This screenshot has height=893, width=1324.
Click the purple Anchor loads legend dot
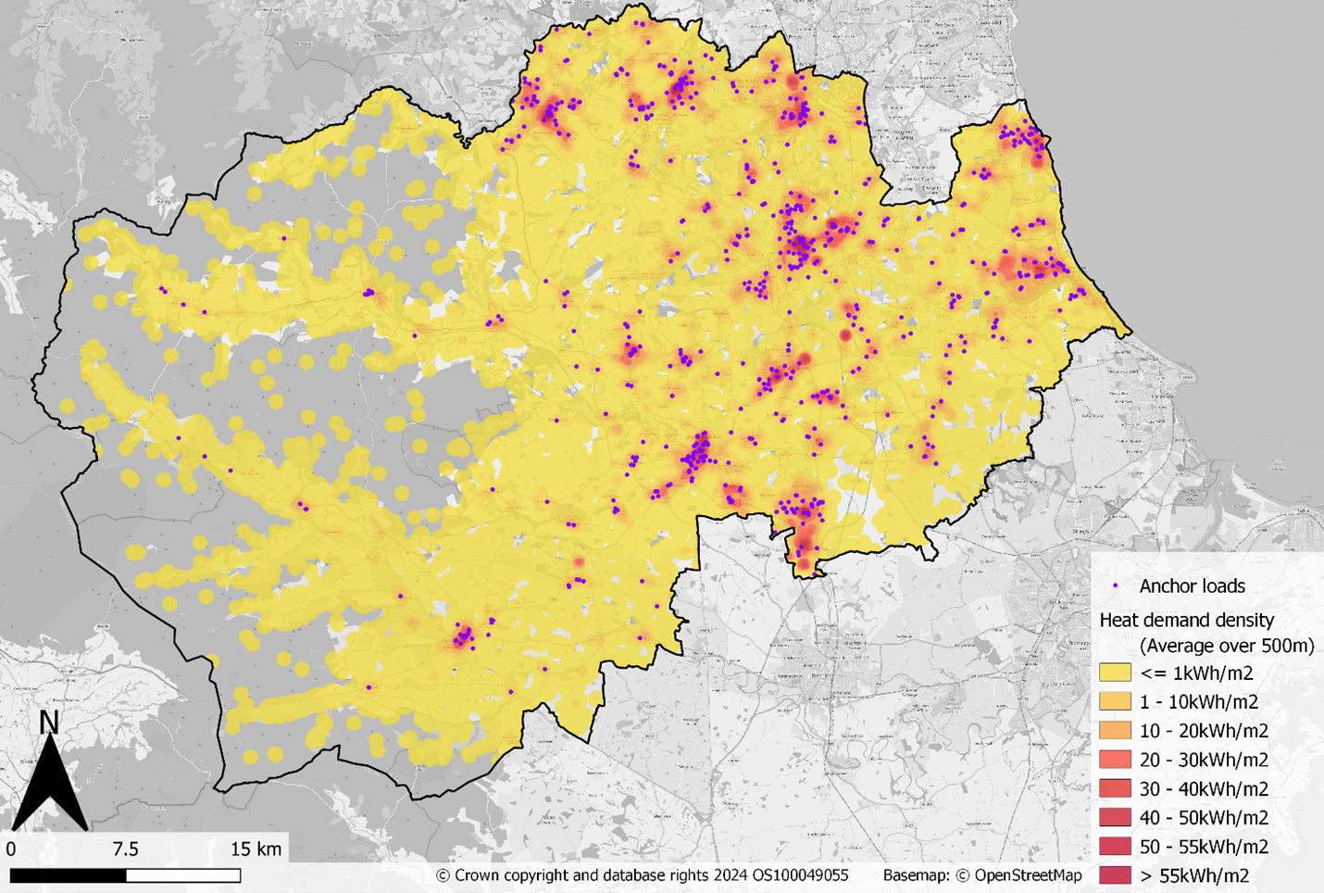click(1116, 586)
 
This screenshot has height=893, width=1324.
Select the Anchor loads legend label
click(1192, 586)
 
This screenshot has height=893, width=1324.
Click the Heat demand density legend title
click(1186, 620)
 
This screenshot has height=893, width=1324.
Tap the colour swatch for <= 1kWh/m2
click(1115, 673)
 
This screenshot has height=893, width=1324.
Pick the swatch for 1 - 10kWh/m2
click(1115, 701)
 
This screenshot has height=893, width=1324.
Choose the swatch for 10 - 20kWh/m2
click(1115, 730)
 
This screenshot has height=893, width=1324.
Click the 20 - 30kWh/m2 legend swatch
click(1115, 760)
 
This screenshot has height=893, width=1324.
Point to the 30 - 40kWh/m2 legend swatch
click(1115, 788)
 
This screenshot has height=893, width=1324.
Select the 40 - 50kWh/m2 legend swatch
click(1115, 817)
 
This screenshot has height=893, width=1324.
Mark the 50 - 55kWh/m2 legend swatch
click(1115, 846)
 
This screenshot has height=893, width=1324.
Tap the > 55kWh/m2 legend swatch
click(1115, 874)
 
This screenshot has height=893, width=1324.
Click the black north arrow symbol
click(49, 787)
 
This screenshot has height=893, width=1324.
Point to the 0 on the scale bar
click(11, 849)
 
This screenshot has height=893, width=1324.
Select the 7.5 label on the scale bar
click(125, 849)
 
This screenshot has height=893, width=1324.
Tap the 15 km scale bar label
click(256, 849)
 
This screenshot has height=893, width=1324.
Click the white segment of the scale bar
click(183, 875)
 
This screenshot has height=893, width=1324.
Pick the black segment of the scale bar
click(68, 875)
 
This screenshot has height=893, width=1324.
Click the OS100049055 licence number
click(795, 875)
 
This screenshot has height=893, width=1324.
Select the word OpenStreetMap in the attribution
click(1027, 875)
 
